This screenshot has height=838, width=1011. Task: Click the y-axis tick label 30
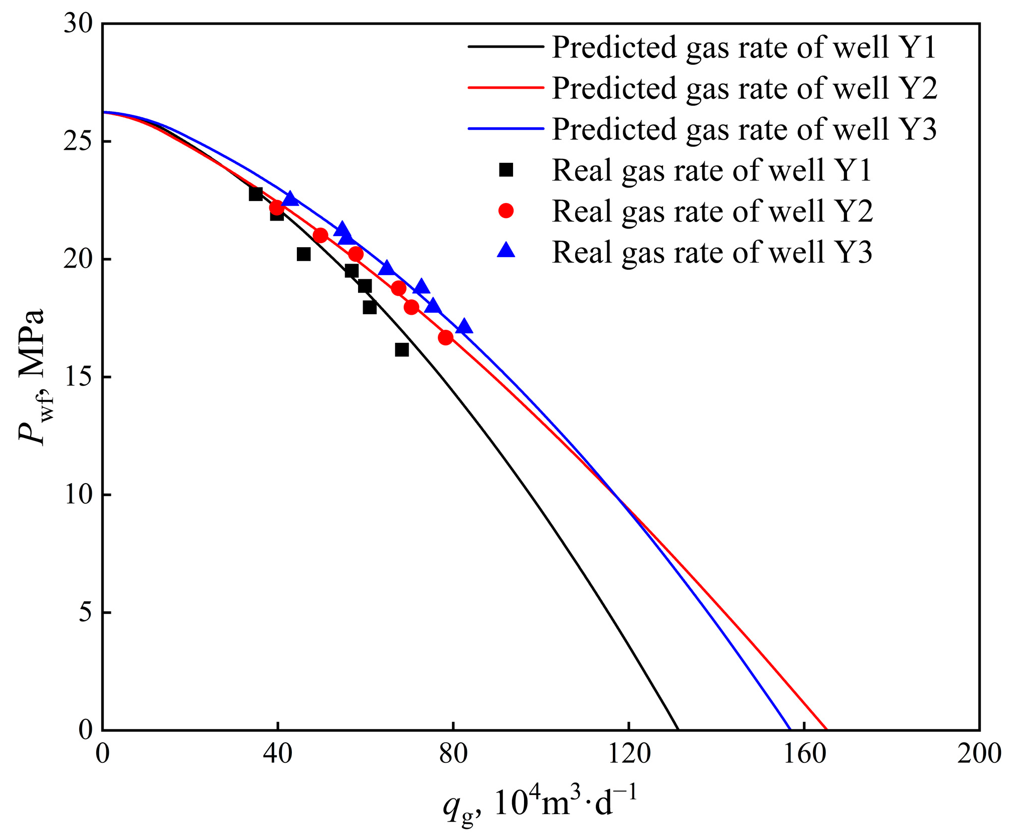[x=79, y=24]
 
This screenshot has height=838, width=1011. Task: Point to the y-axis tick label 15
[x=79, y=377]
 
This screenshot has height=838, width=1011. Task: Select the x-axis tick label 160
[x=804, y=753]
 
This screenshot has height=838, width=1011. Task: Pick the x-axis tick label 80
[x=453, y=753]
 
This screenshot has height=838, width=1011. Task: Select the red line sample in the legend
[x=506, y=88]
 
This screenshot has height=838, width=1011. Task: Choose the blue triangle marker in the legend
[x=506, y=250]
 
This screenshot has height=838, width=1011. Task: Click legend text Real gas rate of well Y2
[x=712, y=211]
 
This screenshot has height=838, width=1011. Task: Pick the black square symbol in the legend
[x=506, y=170]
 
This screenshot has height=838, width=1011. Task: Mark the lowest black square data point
[x=402, y=350]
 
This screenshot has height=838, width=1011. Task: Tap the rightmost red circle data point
[x=445, y=338]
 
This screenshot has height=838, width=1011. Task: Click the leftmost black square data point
[x=256, y=194]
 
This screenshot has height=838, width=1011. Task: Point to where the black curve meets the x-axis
[x=678, y=730]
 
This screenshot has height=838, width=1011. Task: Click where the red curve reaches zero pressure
[x=826, y=730]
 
